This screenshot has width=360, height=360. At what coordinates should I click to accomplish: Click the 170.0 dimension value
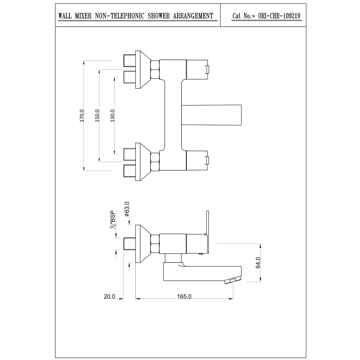pos(82,116)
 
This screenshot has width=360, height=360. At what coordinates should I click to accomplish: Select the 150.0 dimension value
pos(97,116)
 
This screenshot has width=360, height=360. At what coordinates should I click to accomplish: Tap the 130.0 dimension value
pos(112,116)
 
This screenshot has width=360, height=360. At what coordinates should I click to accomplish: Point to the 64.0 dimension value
pos(258,262)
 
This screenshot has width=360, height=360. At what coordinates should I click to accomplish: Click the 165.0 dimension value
pos(184,296)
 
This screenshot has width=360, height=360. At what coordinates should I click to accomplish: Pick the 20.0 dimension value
pos(109,296)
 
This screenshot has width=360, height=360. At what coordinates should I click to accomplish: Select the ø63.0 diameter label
pos(127,209)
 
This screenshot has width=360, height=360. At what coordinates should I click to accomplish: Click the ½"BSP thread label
pos(113,219)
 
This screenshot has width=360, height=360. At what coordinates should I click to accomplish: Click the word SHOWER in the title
pos(159,16)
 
